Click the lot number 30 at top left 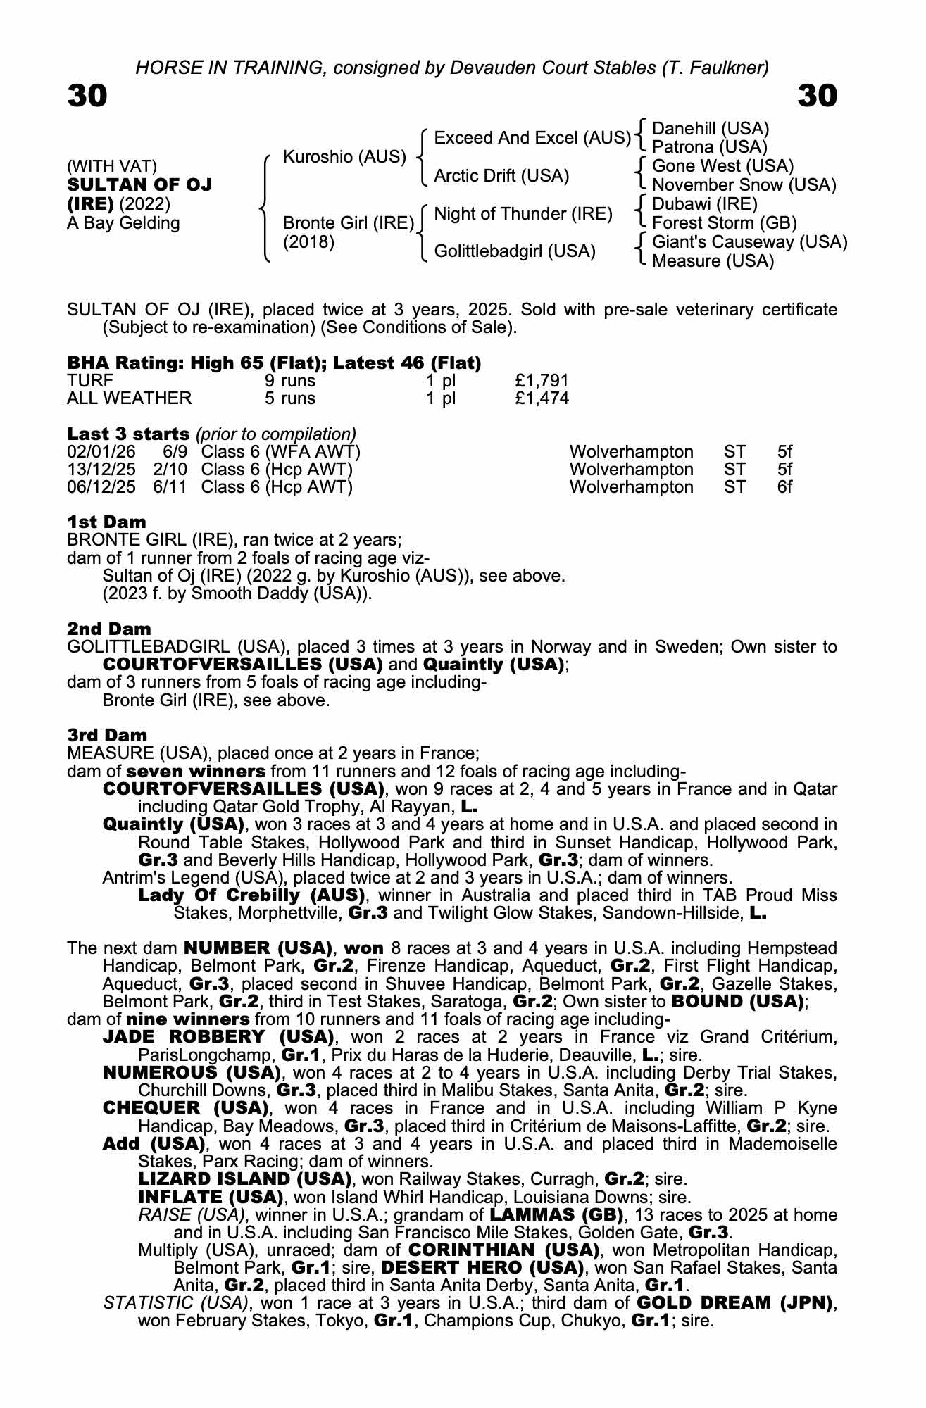pos(87,96)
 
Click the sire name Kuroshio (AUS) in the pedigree pos(344,156)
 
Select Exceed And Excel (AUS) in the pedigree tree pos(532,138)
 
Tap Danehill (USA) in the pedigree pos(711,129)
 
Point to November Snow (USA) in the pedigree pos(744,185)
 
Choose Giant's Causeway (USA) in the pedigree pos(750,242)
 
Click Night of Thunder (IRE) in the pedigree pos(523,213)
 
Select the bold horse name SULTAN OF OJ pos(139,185)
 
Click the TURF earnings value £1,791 pos(542,381)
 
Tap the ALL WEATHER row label pos(129,398)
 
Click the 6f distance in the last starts pos(784,487)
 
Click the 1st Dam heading pos(106,522)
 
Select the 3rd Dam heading pos(107,735)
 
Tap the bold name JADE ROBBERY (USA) pos(218,1037)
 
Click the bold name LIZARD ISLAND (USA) pos(245,1178)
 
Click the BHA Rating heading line pos(274,363)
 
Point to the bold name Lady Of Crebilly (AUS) pos(251,895)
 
